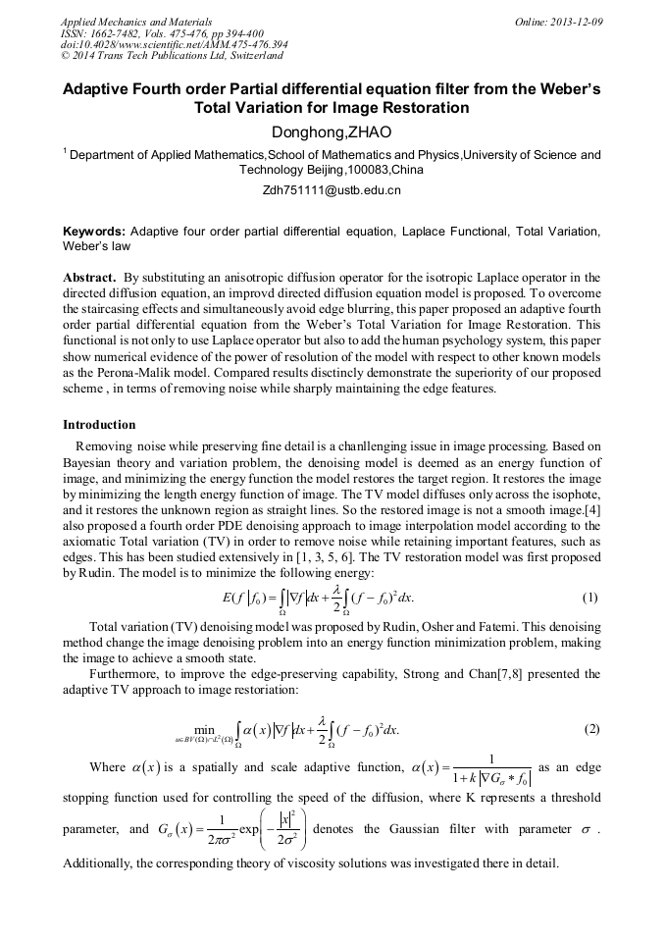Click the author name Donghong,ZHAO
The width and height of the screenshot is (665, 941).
[332, 131]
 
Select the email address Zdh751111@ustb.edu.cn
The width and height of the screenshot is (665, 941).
[332, 190]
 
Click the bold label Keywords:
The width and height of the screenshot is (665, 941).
[94, 232]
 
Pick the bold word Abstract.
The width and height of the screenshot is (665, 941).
[88, 278]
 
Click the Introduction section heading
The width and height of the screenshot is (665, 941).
[99, 425]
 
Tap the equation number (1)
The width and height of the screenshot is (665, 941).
[589, 597]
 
